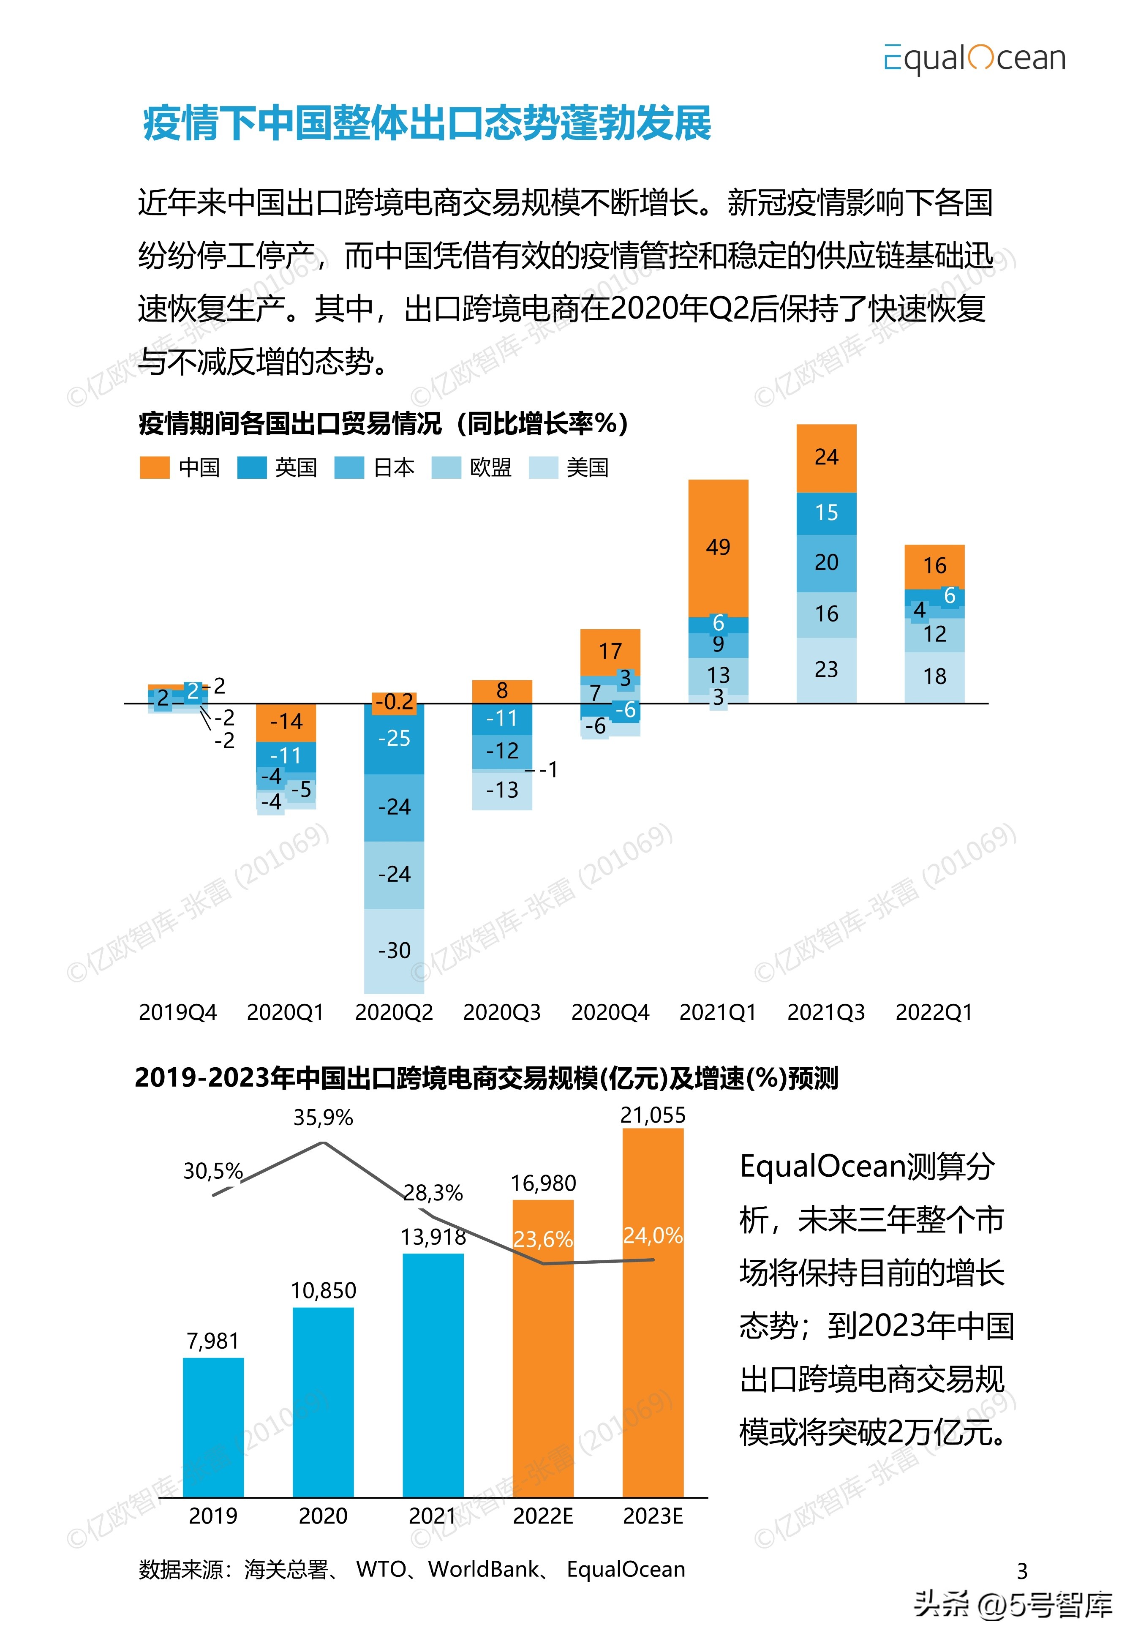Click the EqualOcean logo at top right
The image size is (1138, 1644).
974,58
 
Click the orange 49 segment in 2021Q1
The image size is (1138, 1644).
718,547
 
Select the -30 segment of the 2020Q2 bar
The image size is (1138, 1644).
394,950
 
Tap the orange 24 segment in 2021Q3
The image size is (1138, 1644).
826,457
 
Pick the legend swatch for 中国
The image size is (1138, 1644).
155,468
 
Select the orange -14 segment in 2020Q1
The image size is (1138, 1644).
286,722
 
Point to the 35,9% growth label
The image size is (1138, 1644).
323,1118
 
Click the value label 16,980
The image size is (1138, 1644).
543,1184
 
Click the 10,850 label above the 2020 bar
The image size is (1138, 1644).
323,1290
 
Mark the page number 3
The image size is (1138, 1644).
1022,1571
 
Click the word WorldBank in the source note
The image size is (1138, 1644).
483,1569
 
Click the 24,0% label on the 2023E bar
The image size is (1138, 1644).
653,1235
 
